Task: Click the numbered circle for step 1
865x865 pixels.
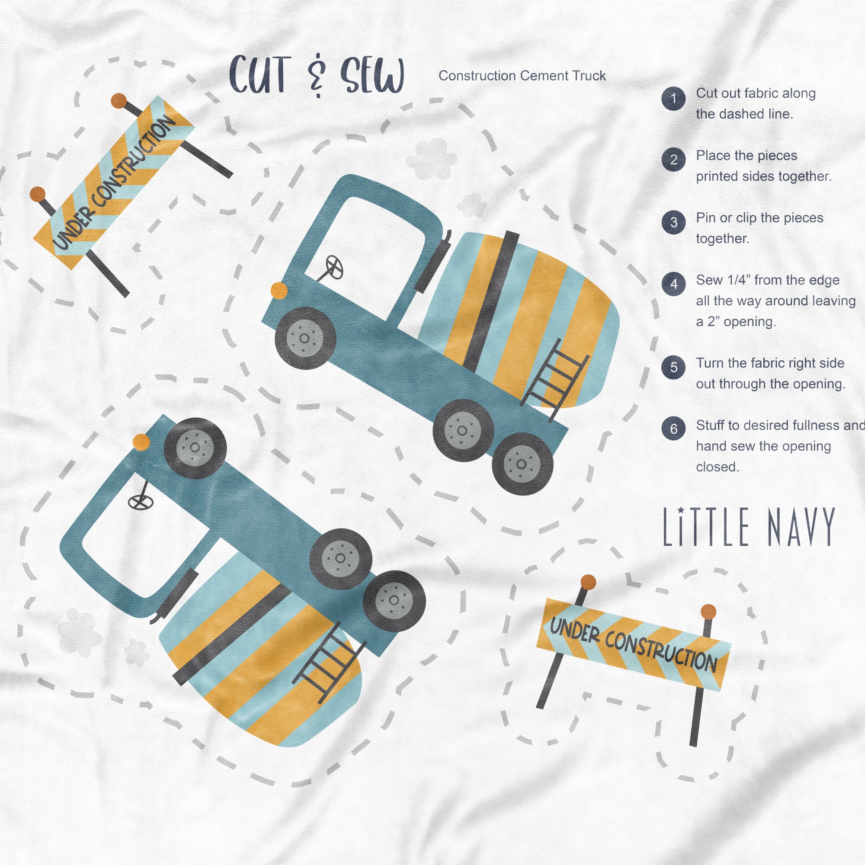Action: click(673, 98)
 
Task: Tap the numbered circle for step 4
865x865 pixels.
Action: click(673, 284)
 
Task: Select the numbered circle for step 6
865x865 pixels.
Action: click(673, 429)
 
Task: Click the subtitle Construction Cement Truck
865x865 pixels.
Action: click(522, 76)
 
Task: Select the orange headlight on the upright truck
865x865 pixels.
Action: click(279, 290)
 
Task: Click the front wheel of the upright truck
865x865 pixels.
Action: click(305, 338)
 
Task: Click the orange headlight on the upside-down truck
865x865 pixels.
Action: click(141, 442)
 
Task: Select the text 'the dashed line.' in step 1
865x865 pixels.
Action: click(744, 114)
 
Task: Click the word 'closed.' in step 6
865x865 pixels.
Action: click(718, 467)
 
